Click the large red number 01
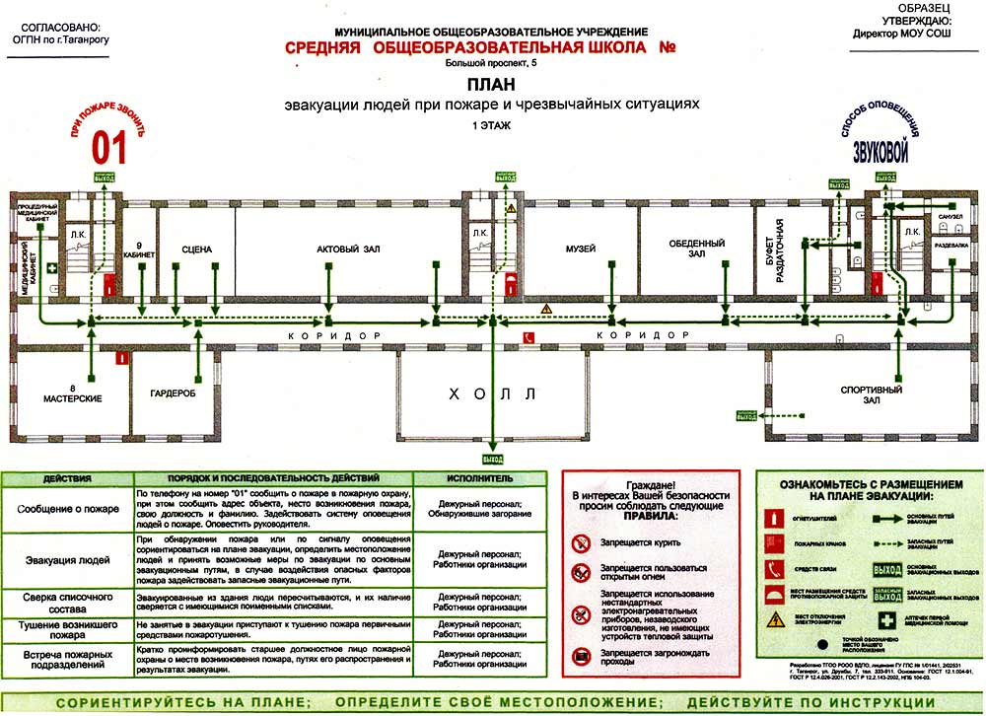(x=109, y=148)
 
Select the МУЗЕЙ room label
(x=580, y=250)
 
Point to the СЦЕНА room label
(x=197, y=250)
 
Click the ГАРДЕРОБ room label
(x=174, y=393)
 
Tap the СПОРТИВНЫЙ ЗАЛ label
(x=872, y=395)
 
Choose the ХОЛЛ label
(x=492, y=394)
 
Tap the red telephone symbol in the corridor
(x=528, y=337)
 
